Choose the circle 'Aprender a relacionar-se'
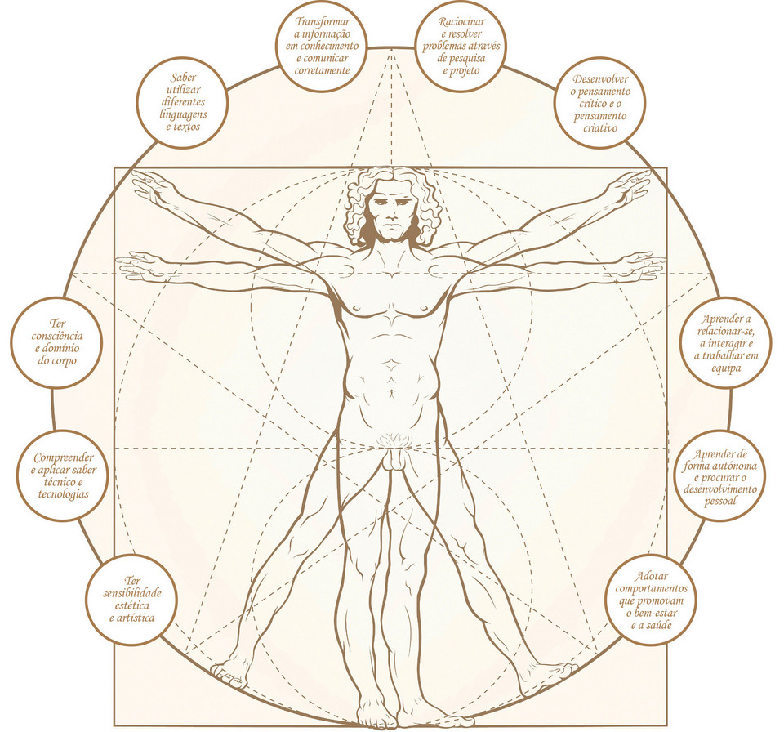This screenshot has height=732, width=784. coord(725,344)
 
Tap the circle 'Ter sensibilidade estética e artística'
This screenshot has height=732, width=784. coord(131,603)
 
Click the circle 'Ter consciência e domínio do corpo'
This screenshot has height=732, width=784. coord(56,341)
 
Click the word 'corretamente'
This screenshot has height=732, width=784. coord(323,70)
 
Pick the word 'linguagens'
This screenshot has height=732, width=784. coord(182,116)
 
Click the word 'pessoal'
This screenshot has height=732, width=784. coord(719,501)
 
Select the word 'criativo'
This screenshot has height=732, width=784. coord(600,128)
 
